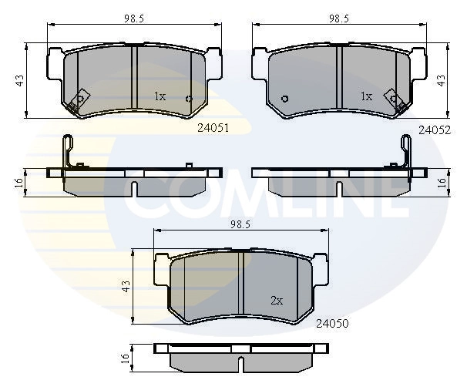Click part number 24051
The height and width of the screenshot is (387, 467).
213,128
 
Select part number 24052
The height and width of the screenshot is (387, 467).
435,130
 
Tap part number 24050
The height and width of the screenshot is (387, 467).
332,323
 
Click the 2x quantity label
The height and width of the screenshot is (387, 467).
277,301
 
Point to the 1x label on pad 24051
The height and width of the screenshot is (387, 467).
160,96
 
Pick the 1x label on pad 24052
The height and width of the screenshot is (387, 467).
366,96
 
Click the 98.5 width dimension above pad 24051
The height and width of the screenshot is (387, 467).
134,19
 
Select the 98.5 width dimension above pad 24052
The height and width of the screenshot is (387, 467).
339,19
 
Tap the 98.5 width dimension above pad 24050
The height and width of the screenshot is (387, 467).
240,224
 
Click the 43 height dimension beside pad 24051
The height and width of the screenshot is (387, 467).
20,80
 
